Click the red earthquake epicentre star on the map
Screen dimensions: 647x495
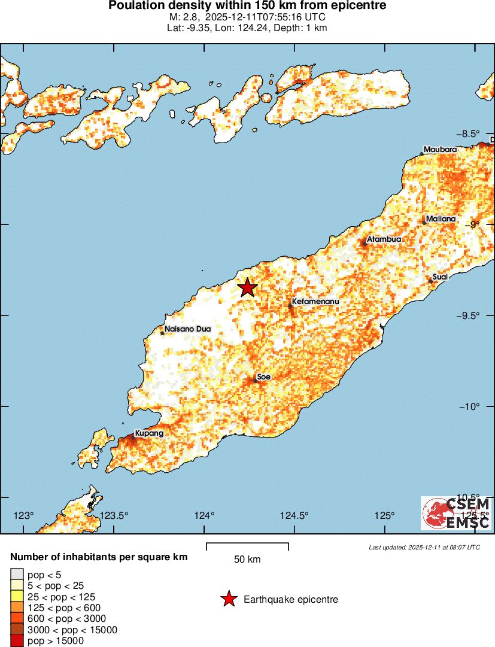[248, 288]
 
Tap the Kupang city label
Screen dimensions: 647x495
[149, 433]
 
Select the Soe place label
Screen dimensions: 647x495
[264, 376]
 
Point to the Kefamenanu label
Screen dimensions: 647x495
[315, 302]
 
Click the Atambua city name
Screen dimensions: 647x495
[384, 239]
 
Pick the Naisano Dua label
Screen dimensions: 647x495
[188, 329]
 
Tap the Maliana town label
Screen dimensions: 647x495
[441, 219]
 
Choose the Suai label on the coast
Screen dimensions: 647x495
[440, 277]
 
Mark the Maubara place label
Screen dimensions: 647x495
[440, 149]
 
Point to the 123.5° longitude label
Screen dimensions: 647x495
[114, 515]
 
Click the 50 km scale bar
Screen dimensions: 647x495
[247, 546]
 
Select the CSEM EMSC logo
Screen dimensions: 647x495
[456, 513]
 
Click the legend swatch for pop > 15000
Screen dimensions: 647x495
[17, 641]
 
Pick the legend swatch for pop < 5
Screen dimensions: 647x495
[17, 575]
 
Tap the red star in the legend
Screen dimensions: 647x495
[228, 599]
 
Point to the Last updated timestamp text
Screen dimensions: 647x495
[424, 547]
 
